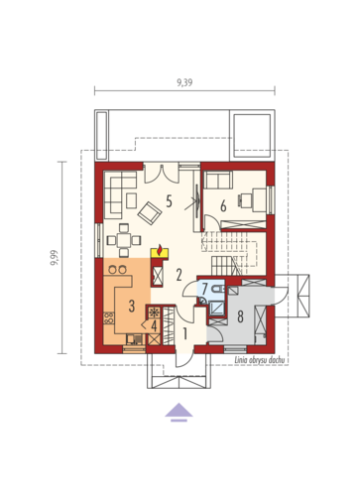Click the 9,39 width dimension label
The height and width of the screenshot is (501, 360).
(184, 82)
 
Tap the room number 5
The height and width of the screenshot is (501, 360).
(169, 201)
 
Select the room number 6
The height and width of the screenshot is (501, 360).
(223, 206)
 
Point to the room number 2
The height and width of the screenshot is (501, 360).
(179, 275)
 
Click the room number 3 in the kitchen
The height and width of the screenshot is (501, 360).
(132, 306)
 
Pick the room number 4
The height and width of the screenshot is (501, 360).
(154, 326)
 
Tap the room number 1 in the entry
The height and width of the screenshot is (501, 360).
(185, 334)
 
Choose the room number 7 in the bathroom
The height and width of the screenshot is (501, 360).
(204, 289)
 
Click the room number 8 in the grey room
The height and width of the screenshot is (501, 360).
(240, 316)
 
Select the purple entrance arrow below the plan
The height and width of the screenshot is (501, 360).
(179, 412)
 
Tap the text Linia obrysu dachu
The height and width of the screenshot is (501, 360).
(260, 360)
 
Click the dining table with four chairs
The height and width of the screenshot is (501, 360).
(124, 240)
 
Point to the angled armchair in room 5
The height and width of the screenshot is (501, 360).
(150, 212)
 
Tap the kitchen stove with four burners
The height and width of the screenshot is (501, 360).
(109, 318)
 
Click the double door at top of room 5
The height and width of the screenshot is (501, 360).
(161, 174)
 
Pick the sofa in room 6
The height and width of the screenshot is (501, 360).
(218, 180)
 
